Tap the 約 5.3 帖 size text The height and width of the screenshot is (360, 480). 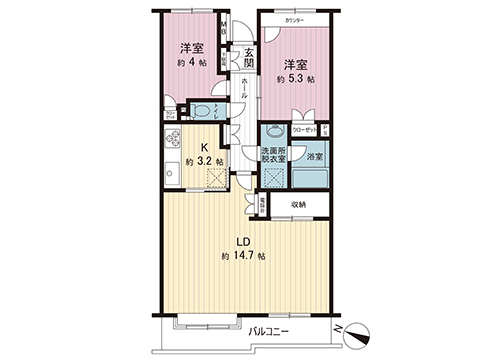click(296, 78)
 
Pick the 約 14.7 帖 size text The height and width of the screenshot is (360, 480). click(243, 257)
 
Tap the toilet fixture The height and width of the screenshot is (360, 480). click(198, 110)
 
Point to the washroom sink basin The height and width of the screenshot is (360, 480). click(271, 130)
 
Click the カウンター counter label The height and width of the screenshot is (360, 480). click(294, 20)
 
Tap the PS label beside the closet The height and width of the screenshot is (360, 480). click(324, 129)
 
